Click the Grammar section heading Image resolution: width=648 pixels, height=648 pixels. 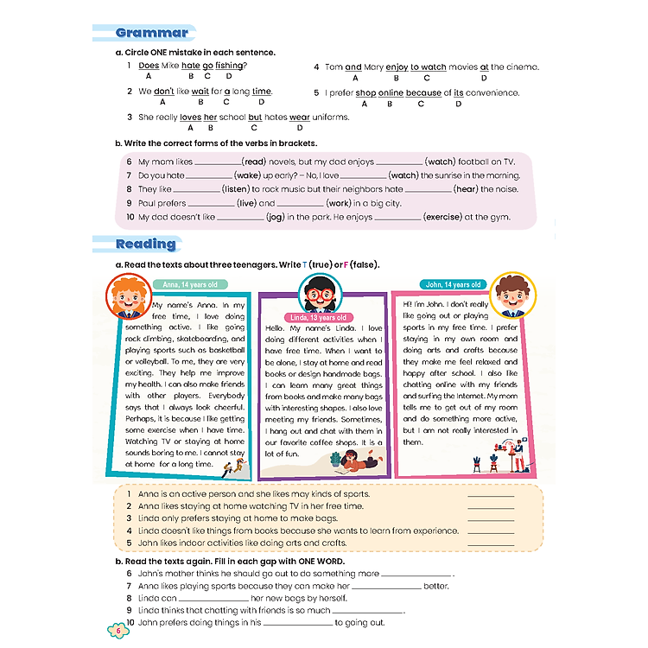pos(152,34)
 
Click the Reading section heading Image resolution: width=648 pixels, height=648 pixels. pos(146,244)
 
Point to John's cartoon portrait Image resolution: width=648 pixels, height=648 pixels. pos(512,292)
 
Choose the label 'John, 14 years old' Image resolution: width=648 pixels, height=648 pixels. pos(454,284)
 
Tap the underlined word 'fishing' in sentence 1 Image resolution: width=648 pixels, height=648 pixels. pos(231,66)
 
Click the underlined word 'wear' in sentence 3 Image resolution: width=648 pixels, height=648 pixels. pos(299,118)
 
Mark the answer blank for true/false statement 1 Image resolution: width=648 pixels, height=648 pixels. pos(490,495)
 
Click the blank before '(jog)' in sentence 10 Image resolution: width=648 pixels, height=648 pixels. pos(240,218)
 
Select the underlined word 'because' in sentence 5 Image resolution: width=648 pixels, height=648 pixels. pos(423,92)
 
